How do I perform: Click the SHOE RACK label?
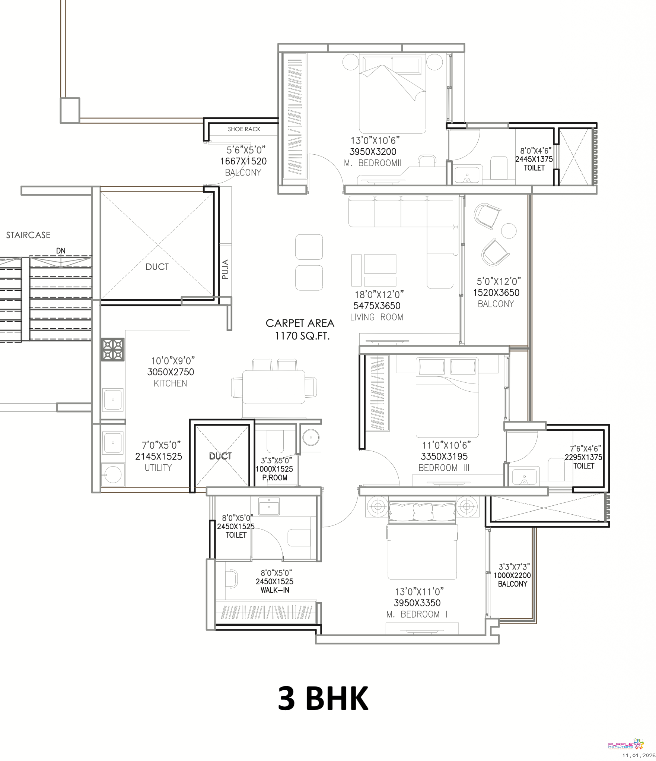pyautogui.click(x=244, y=129)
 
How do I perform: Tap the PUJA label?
pyautogui.click(x=225, y=269)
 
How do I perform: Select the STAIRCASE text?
pyautogui.click(x=28, y=235)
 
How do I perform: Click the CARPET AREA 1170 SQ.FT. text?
pyautogui.click(x=300, y=329)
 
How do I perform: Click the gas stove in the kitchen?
pyautogui.click(x=113, y=350)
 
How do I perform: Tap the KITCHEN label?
pyautogui.click(x=171, y=383)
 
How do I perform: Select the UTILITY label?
pyautogui.click(x=158, y=468)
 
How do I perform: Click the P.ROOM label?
pyautogui.click(x=275, y=478)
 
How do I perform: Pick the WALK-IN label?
pyautogui.click(x=275, y=590)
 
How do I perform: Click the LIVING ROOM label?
pyautogui.click(x=377, y=317)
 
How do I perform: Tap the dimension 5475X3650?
pyautogui.click(x=377, y=306)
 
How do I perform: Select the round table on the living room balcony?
pyautogui.click(x=509, y=231)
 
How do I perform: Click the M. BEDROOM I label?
pyautogui.click(x=417, y=615)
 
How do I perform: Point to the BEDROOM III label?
pyautogui.click(x=444, y=468)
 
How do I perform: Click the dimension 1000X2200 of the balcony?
pyautogui.click(x=512, y=575)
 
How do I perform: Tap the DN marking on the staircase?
pyautogui.click(x=61, y=251)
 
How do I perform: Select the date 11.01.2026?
pyautogui.click(x=639, y=755)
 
